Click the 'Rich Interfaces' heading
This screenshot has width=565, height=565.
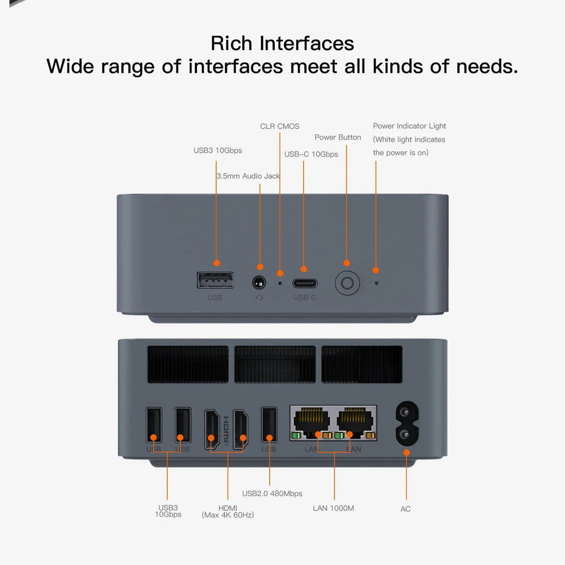click(x=282, y=43)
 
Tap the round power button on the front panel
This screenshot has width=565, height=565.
click(x=347, y=284)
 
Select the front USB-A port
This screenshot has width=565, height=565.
click(x=215, y=280)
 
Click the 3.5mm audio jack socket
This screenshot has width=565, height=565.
click(x=259, y=282)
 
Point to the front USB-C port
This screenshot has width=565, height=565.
click(x=305, y=284)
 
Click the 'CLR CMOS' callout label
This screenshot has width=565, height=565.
click(x=280, y=126)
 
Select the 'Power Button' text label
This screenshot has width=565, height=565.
click(x=338, y=137)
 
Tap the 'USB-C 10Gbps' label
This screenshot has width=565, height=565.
click(x=311, y=154)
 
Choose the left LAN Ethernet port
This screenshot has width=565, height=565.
click(x=310, y=420)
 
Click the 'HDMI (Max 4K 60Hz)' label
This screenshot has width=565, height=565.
click(x=228, y=511)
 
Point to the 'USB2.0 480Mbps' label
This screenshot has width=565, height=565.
click(x=272, y=494)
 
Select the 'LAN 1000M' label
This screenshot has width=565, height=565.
click(x=333, y=508)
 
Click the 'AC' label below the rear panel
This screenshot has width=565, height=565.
click(x=406, y=509)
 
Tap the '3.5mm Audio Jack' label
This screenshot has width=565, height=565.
click(x=248, y=177)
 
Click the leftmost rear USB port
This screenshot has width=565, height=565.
click(x=154, y=425)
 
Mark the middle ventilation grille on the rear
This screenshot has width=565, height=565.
click(x=275, y=364)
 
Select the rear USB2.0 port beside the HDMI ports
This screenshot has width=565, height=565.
click(x=269, y=425)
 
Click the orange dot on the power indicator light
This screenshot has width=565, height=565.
click(x=376, y=270)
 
